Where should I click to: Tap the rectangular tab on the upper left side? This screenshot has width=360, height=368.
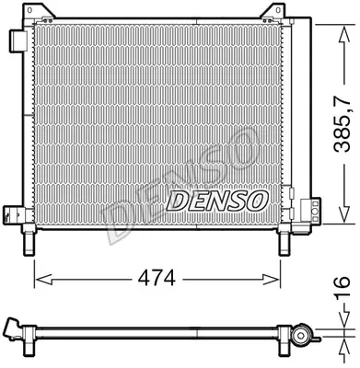coord(17,43)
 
